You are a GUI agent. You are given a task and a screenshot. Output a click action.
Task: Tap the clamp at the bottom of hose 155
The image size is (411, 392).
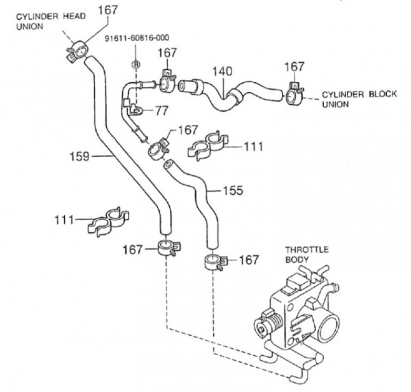pos(212,261)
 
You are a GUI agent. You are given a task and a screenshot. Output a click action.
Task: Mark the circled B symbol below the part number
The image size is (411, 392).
pos(135,64)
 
